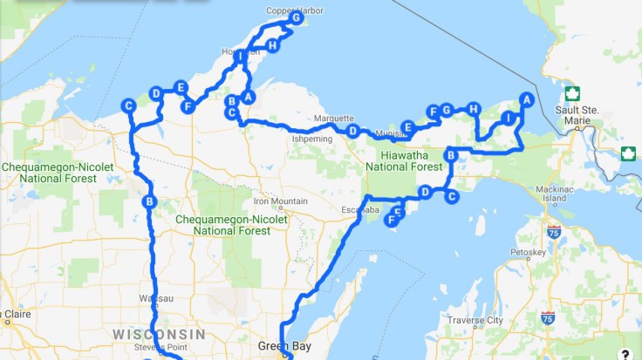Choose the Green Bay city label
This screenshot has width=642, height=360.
(x=279, y=346)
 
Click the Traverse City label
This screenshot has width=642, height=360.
(x=475, y=321)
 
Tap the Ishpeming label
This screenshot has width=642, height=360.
(x=312, y=138)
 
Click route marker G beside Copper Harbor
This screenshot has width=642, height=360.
(x=297, y=17)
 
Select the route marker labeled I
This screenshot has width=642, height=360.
(x=508, y=118)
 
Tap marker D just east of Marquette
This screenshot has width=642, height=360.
(x=352, y=131)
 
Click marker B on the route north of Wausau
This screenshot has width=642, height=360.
(x=148, y=202)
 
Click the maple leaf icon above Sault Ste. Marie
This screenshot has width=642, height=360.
(x=573, y=93)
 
